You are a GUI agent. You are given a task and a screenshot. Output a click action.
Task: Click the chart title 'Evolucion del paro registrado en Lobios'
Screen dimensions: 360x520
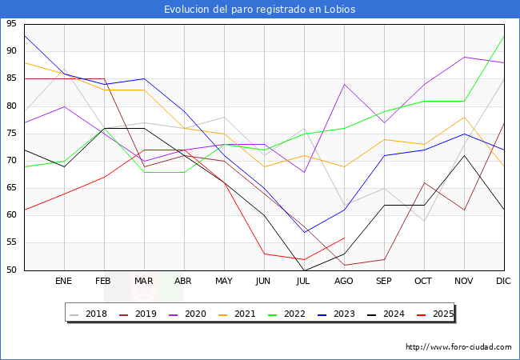coord(260,10)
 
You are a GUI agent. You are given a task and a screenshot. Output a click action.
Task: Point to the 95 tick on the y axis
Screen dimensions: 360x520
coord(11,24)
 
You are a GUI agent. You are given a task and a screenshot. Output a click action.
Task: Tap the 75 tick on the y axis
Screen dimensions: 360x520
coord(11,134)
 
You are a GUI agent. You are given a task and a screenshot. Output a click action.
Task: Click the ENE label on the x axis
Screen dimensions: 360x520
coord(64,282)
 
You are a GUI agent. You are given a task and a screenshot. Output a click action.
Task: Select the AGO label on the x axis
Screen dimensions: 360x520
coord(344,282)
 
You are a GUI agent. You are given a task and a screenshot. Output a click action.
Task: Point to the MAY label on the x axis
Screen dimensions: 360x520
coord(224,282)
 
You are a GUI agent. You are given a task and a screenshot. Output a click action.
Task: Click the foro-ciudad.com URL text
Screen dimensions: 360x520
coord(458,347)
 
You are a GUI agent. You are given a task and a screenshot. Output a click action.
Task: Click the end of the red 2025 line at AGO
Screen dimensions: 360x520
coord(344,238)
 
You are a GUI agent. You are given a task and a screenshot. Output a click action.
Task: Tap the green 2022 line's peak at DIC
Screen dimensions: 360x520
coord(504,36)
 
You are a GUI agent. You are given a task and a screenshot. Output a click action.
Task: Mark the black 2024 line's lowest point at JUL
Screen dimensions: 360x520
coord(304,270)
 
